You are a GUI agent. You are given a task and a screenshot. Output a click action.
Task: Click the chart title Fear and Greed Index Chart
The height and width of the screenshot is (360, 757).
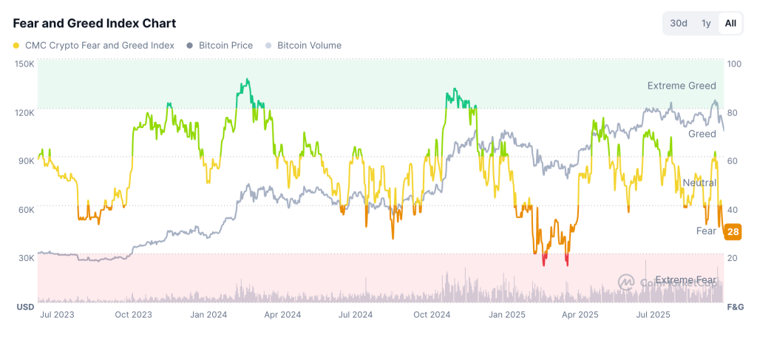95,24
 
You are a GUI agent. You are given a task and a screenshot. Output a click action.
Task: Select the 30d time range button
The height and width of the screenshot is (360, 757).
679,23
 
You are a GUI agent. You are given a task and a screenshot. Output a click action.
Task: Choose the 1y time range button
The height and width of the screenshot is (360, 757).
706,23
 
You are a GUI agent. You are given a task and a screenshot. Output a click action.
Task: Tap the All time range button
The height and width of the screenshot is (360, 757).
730,23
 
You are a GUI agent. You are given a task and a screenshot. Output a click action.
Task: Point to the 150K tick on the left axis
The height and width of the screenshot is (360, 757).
24,64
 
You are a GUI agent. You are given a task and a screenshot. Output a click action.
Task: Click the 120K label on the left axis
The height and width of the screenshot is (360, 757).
24,112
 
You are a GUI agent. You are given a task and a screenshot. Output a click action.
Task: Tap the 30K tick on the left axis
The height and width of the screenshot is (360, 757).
26,258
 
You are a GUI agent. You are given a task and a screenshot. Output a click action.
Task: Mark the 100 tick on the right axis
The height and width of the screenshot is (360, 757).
734,64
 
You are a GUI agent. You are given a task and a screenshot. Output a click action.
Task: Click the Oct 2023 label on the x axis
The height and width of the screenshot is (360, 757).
134,314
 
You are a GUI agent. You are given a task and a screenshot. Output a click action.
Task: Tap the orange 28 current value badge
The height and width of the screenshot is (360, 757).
733,231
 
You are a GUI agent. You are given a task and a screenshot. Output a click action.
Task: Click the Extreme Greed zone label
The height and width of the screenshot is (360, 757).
682,86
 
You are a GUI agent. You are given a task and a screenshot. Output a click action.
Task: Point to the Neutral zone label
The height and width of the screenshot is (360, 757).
699,183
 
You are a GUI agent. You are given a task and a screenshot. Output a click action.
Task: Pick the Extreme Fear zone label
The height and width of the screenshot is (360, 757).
685,280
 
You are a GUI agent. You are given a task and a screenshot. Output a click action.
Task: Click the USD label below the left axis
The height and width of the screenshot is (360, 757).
25,306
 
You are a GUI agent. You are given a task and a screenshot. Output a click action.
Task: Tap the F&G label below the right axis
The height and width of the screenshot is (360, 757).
735,306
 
